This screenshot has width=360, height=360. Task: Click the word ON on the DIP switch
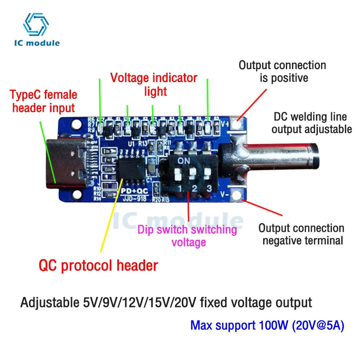[x=184, y=160]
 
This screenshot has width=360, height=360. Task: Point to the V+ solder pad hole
[x=237, y=123]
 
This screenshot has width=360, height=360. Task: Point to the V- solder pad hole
[x=237, y=195]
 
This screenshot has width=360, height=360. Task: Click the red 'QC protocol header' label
[x=98, y=266]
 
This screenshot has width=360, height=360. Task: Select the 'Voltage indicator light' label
[x=154, y=84]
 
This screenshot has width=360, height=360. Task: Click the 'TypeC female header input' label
[x=44, y=101]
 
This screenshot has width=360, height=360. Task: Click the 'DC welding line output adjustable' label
[x=311, y=123]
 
